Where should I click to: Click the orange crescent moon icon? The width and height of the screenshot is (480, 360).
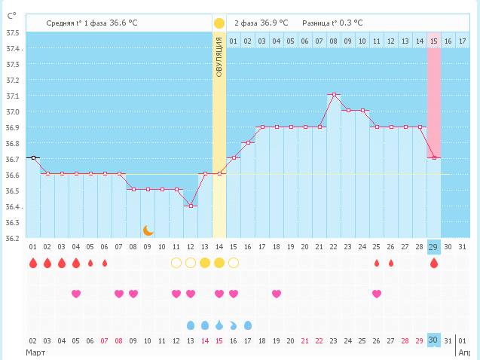pos(148,230)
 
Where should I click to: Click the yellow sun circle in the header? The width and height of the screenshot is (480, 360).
pos(219,23)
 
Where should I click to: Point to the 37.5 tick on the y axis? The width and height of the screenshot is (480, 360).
pos(13,33)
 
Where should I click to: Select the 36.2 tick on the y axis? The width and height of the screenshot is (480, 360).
pos(13,239)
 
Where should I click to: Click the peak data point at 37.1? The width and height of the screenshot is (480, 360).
pos(334,95)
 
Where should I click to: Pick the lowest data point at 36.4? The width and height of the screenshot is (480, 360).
pos(191,206)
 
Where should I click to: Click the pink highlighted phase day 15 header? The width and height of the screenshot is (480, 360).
pos(434,41)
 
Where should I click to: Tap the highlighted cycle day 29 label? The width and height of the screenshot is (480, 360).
pos(433,247)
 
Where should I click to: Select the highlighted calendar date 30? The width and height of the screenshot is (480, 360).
pos(433,341)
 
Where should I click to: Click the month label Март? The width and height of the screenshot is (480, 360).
pos(36,352)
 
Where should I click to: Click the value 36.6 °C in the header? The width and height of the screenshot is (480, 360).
pos(124,23)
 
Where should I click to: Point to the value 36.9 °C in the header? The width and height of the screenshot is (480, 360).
pos(274,23)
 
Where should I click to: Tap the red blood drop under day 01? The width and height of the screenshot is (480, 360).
pos(32,263)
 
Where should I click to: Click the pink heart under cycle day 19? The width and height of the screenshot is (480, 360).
pos(277,294)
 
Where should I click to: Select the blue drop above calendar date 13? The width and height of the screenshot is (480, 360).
pos(191,325)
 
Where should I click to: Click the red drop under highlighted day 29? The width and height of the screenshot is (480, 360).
pos(433,263)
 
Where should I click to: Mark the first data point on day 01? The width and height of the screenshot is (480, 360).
pos(33,157)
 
